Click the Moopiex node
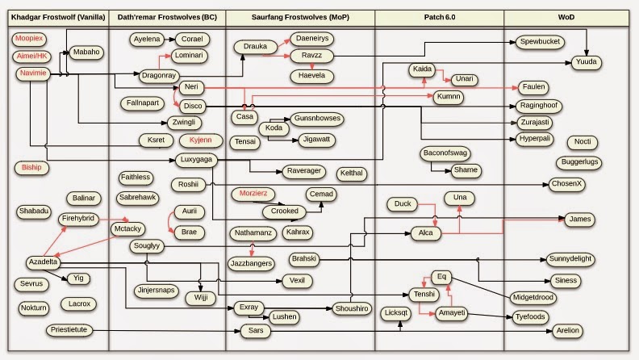29,39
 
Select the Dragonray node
158,75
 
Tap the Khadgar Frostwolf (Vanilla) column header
58,18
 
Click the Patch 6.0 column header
439,18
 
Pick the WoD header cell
566,18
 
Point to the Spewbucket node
540,42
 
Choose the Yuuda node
586,62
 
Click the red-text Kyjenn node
201,140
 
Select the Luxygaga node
196,160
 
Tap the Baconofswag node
445,153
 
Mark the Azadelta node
43,262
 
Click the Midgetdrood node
533,298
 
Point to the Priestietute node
69,330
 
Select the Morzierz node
253,194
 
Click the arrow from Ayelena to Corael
169,40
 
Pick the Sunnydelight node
570,259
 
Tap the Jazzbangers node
251,264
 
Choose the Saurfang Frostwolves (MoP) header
300,18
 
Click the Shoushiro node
352,308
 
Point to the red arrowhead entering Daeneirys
287,40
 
